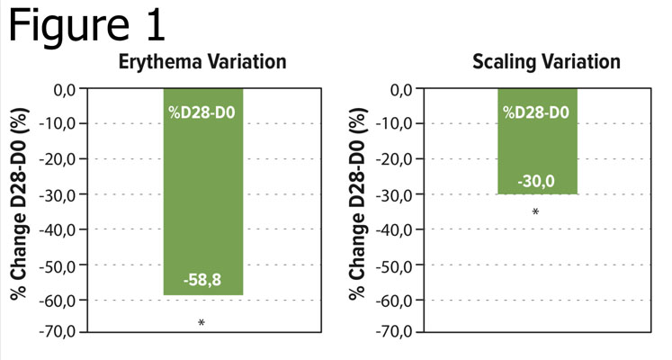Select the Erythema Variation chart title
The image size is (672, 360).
tap(202, 62)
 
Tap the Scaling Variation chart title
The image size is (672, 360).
tap(547, 62)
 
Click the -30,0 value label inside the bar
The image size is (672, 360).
tap(536, 182)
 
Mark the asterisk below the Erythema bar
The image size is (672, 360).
tap(202, 322)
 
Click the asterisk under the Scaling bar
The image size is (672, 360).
tap(536, 213)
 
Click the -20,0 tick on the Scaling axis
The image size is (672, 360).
tap(399, 159)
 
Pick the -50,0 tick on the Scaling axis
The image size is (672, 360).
tap(399, 264)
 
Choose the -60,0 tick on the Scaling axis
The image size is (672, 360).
tap(399, 299)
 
